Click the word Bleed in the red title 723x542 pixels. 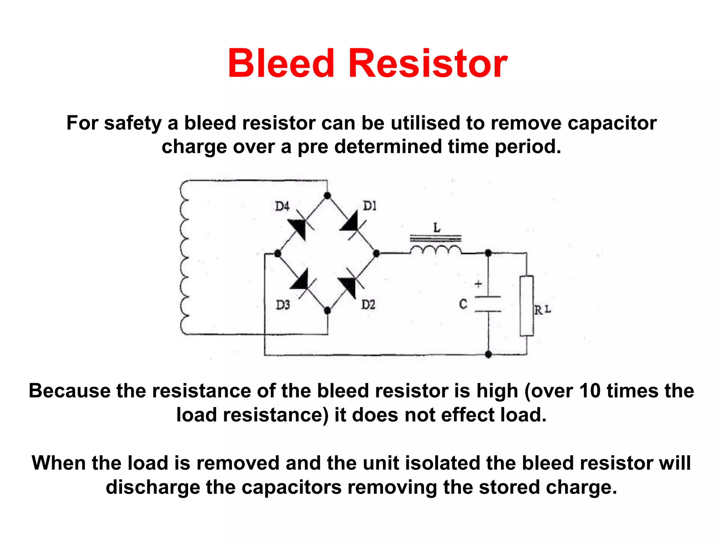[281, 64]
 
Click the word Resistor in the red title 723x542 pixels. [428, 64]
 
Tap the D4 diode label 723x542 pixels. [282, 206]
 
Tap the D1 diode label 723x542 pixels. [370, 206]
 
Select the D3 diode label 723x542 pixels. [283, 305]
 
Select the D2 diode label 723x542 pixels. [368, 304]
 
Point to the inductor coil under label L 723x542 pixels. [436, 250]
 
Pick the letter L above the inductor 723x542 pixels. [437, 228]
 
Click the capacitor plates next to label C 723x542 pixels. [488, 304]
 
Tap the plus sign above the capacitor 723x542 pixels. [478, 284]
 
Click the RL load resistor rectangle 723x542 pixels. [526, 306]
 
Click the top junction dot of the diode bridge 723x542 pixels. [327, 195]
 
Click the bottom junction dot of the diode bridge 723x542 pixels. [327, 311]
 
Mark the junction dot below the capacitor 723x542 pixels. [488, 354]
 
